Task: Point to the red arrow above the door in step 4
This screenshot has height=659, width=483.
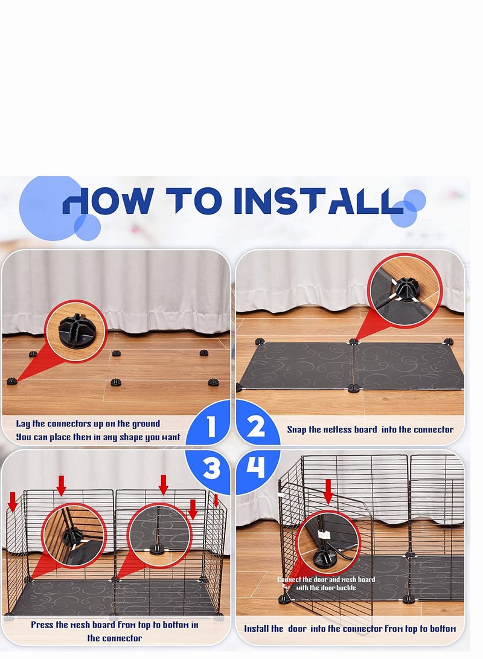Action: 328,491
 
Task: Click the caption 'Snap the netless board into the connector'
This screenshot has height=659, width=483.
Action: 370,429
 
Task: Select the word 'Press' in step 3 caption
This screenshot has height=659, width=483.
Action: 45,625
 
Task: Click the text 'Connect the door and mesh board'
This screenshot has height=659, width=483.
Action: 326,579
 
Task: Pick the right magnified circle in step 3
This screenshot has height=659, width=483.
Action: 159,535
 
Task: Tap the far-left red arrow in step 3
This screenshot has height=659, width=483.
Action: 12,501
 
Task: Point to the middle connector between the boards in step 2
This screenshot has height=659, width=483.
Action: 354,342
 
